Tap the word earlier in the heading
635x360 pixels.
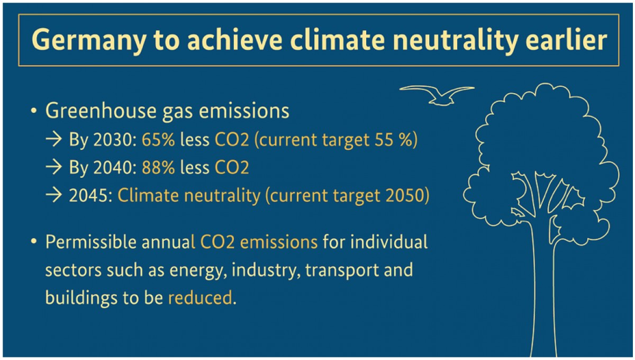click(x=566, y=39)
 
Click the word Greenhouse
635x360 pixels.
click(x=101, y=110)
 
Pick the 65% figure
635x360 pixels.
click(x=158, y=140)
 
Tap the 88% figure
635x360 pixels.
click(x=158, y=167)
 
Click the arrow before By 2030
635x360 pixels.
click(x=53, y=139)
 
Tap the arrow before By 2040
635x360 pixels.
click(x=53, y=167)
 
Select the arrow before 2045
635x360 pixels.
click(x=53, y=195)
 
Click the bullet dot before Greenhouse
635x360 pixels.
click(x=34, y=111)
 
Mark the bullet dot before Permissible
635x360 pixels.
click(x=34, y=241)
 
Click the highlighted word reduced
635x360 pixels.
click(x=200, y=298)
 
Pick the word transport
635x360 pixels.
click(x=342, y=270)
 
